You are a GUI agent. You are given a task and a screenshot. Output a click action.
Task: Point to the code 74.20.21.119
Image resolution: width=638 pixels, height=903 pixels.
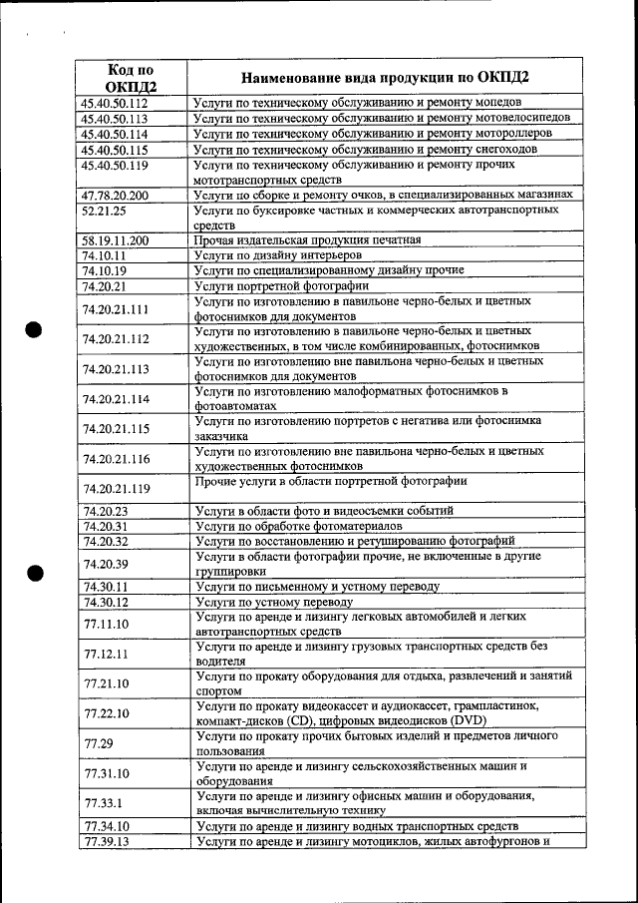click(117, 489)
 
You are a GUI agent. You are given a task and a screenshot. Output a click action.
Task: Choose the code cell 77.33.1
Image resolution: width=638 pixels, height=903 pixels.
click(105, 802)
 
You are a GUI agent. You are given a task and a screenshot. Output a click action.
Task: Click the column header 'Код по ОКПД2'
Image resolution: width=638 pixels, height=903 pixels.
click(131, 78)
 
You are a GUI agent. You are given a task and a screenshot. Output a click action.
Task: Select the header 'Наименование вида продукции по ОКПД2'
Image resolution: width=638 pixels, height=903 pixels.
click(385, 78)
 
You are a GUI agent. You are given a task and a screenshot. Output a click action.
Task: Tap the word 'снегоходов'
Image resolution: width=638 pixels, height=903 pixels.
click(504, 149)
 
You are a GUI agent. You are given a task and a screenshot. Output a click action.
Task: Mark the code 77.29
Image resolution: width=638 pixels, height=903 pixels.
click(98, 742)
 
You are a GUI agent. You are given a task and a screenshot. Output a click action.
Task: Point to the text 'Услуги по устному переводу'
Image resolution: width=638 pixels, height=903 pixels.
click(275, 603)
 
